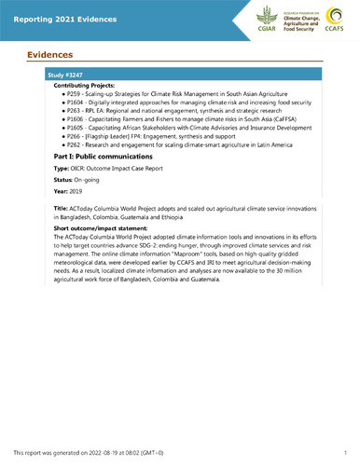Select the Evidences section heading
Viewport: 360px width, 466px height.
pos(49,54)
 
